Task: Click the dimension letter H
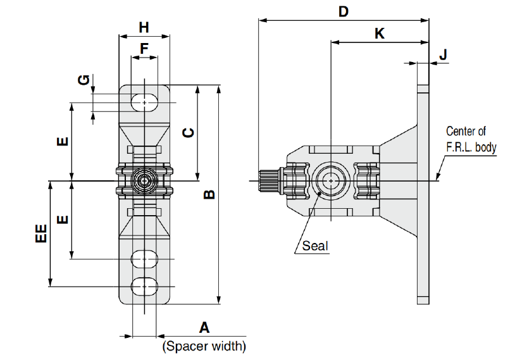(144, 27)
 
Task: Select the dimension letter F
(144, 48)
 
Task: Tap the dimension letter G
(82, 80)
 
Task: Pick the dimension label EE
(41, 233)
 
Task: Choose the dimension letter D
(344, 11)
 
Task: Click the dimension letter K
(380, 34)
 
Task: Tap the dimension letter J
(443, 55)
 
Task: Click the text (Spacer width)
(204, 346)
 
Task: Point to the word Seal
(315, 245)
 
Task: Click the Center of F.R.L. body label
(471, 140)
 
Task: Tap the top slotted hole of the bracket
(145, 102)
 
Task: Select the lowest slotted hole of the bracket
(145, 286)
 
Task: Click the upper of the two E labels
(61, 142)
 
